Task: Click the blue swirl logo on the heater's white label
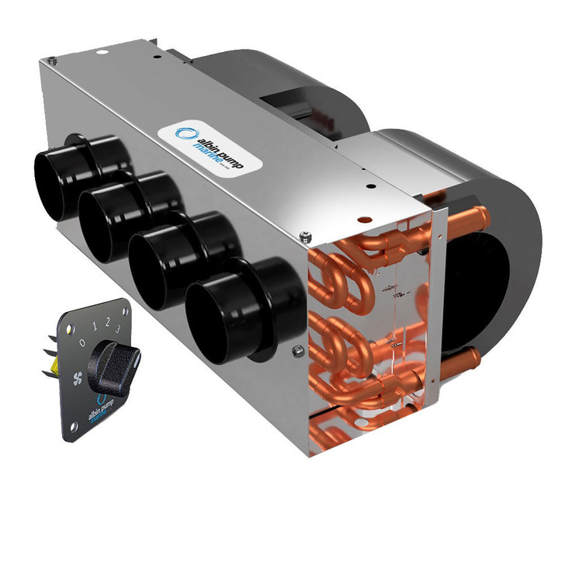[x=184, y=133]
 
